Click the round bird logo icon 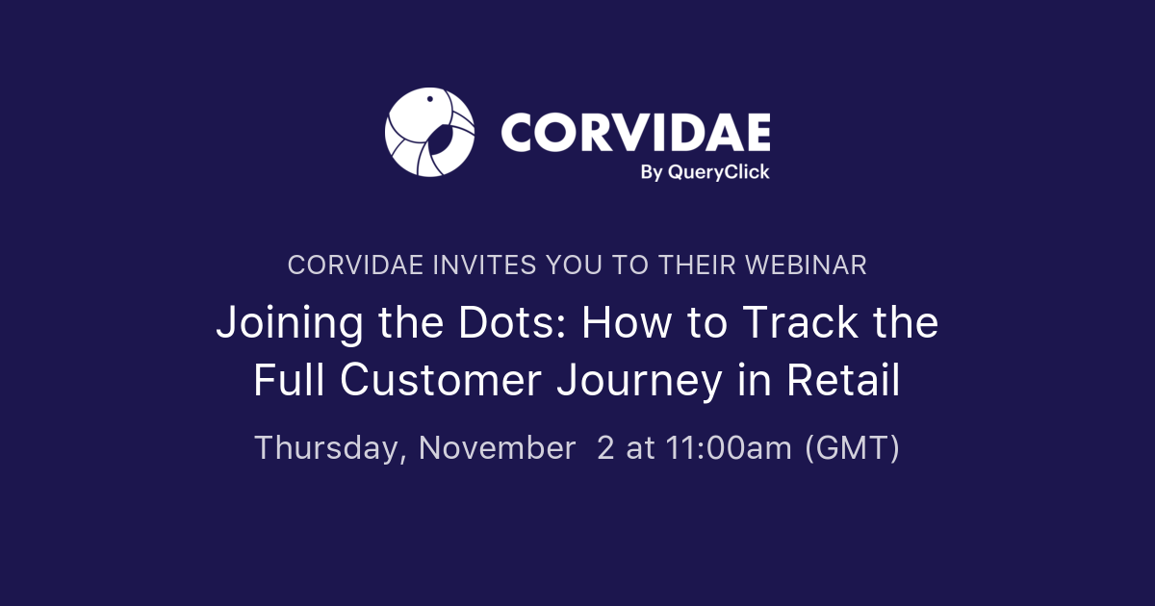tap(429, 133)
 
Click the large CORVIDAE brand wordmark tap(635, 131)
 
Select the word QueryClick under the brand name tap(722, 172)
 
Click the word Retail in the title tap(843, 381)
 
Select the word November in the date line tap(497, 448)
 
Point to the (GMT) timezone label tap(853, 448)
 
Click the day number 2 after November tap(605, 448)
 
